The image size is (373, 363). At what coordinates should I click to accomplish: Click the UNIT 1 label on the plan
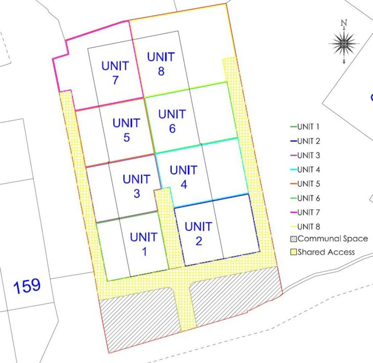[144, 244]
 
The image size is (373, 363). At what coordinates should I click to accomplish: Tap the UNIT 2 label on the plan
[198, 233]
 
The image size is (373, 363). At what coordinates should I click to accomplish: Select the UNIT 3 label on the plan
[136, 186]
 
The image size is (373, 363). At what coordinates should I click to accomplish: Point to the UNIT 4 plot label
[184, 177]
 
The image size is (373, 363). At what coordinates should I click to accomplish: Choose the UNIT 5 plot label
[126, 130]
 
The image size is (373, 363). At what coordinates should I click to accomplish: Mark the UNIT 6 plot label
[172, 121]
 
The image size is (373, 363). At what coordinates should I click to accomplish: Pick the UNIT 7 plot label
[115, 73]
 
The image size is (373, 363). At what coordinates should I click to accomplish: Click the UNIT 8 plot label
[161, 64]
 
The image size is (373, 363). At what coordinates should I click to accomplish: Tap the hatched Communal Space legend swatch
[294, 239]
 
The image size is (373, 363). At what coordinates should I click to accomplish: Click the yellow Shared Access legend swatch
[294, 252]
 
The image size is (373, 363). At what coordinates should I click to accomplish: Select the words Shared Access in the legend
[326, 252]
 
